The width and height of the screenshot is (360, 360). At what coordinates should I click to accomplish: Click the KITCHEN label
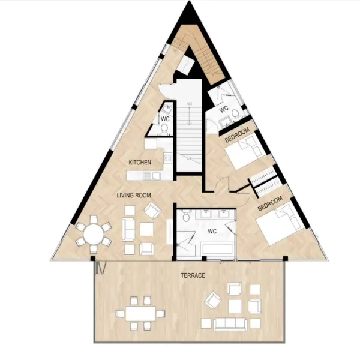pyautogui.click(x=140, y=163)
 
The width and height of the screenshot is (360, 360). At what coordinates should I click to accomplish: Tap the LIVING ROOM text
pyautogui.click(x=134, y=196)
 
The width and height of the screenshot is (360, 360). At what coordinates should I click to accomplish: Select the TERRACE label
pyautogui.click(x=193, y=275)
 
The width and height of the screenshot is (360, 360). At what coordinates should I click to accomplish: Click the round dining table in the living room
pyautogui.click(x=93, y=235)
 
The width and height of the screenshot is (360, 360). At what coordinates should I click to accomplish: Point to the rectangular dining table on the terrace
pyautogui.click(x=140, y=314)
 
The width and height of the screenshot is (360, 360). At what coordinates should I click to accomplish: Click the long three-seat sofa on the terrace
pyautogui.click(x=230, y=324)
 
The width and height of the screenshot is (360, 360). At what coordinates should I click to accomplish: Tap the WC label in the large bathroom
pyautogui.click(x=212, y=231)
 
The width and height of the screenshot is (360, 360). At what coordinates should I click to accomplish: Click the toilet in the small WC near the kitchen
pyautogui.click(x=164, y=128)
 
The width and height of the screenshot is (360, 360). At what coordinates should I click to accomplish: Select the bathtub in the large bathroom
pyautogui.click(x=218, y=251)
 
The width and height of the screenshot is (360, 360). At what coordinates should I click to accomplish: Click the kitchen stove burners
pyautogui.click(x=168, y=158)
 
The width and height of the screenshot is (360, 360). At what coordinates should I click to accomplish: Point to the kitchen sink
pyautogui.click(x=149, y=176)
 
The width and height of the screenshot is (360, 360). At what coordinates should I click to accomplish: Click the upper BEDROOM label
pyautogui.click(x=237, y=135)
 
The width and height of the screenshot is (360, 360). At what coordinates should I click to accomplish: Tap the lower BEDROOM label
pyautogui.click(x=270, y=203)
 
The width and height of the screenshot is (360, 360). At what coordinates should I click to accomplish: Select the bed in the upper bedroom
pyautogui.click(x=245, y=151)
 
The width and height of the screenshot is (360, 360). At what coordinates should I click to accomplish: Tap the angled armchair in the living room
pyautogui.click(x=152, y=210)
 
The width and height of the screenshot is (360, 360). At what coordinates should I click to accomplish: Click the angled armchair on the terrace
pyautogui.click(x=213, y=300)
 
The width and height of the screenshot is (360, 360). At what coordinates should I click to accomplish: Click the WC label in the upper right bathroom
pyautogui.click(x=224, y=109)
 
